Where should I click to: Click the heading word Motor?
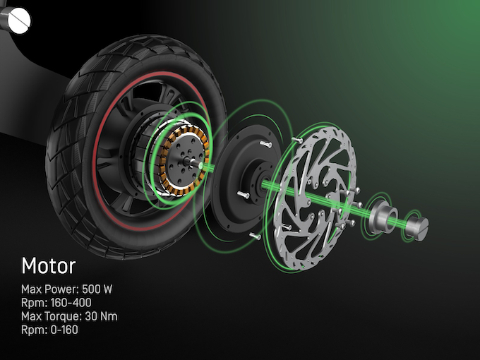[49, 265]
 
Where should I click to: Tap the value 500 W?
[97, 289]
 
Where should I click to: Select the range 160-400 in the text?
[71, 303]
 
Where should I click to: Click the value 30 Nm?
[102, 316]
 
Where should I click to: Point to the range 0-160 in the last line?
[64, 330]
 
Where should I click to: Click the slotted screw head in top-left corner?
[19, 20]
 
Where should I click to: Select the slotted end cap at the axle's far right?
[419, 228]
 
